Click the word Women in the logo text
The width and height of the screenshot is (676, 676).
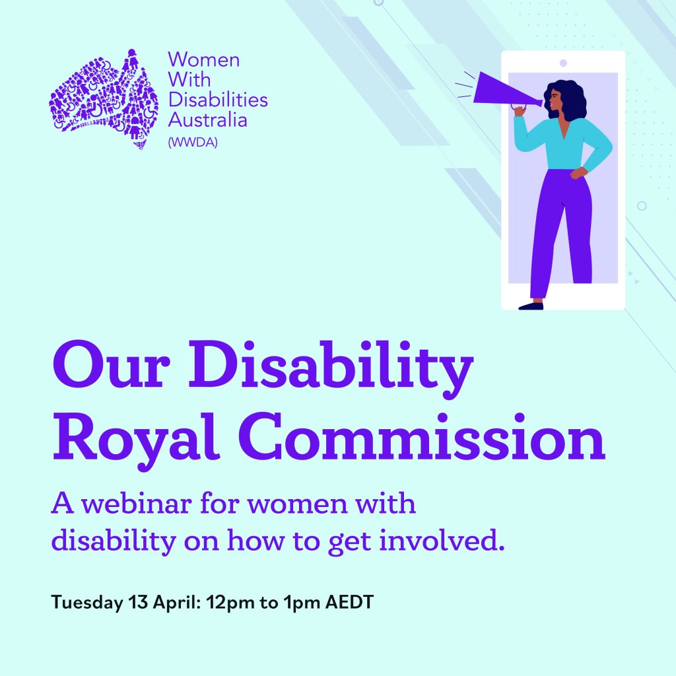tap(203, 60)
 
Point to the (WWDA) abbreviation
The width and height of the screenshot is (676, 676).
tap(193, 139)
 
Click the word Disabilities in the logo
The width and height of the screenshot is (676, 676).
tap(217, 100)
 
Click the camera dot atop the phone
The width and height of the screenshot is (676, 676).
tap(562, 63)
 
